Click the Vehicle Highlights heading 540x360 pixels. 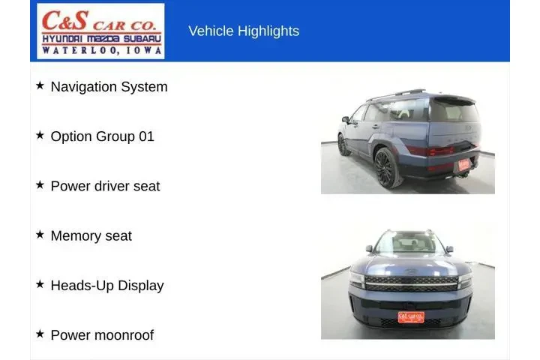[x=244, y=31]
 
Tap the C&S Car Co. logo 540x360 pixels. [x=101, y=31]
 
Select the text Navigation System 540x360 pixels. [x=109, y=86]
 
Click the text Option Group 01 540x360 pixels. [x=102, y=136]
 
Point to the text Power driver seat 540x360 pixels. [x=105, y=186]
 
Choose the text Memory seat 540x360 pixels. [x=91, y=235]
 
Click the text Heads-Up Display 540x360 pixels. [x=106, y=285]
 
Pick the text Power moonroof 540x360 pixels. [x=102, y=334]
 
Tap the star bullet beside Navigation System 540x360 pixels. [x=40, y=85]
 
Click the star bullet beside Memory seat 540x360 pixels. [x=40, y=235]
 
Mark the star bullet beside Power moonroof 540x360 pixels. [x=40, y=334]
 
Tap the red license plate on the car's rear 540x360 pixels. [x=463, y=163]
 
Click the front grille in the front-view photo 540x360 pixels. [x=411, y=284]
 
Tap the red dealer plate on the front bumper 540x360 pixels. [x=411, y=316]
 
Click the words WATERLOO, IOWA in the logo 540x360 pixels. [x=101, y=50]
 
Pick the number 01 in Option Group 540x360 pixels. [x=146, y=136]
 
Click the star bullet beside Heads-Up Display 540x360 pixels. [x=40, y=284]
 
